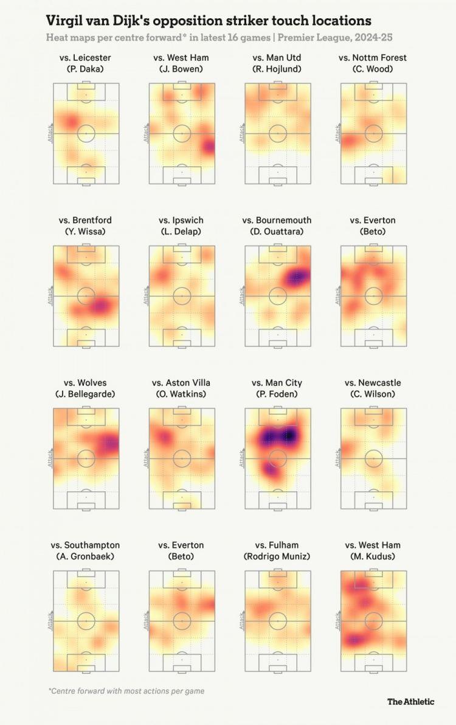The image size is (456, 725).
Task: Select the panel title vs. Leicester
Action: coord(86,58)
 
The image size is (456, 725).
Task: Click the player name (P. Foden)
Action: coord(277,394)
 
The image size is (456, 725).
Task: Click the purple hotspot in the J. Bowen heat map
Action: coord(209,147)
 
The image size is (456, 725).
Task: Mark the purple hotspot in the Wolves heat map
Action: coord(111,443)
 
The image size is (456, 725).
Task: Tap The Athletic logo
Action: coord(411,701)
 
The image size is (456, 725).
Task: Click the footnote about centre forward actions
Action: coord(126,691)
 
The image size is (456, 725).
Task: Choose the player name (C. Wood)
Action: coord(373,69)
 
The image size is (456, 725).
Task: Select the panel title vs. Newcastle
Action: coord(373,383)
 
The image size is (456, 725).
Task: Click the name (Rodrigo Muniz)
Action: coord(277,556)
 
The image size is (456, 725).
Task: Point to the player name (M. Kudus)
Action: coord(373,556)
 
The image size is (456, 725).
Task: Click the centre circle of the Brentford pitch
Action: coord(86,296)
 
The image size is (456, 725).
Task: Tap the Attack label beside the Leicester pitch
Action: coord(50,133)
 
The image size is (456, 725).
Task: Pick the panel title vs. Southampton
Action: coord(86,545)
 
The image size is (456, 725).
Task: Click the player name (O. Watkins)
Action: coord(181,394)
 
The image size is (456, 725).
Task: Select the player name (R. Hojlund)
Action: coord(277,69)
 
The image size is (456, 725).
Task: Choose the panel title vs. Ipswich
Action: coord(181,220)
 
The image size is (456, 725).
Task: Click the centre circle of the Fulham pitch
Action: coord(277,621)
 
